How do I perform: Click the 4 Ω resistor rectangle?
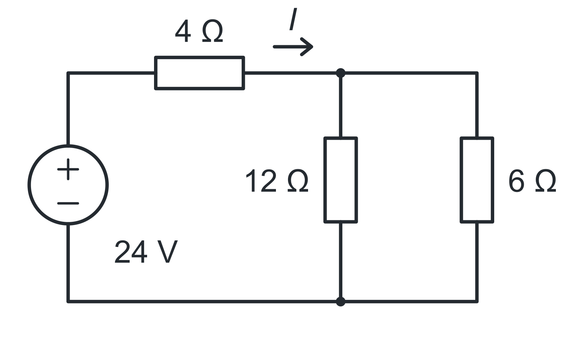coord(199,57)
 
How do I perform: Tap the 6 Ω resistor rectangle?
coord(461,180)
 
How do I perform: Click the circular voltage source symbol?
coord(29,185)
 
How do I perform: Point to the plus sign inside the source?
coord(68,169)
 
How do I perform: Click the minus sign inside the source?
coord(68,203)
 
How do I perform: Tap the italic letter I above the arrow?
coord(293,19)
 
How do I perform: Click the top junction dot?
coord(341,73)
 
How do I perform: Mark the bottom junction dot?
coord(341,302)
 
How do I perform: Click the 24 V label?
coord(146,252)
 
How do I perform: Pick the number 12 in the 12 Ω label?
coord(261,181)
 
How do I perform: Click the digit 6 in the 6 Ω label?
coord(516,181)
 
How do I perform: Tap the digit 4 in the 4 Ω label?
coord(183,31)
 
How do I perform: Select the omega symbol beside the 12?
coord(298,181)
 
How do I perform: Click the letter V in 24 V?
coord(168,252)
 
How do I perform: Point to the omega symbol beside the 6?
coord(546,181)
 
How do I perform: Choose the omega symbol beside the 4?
coord(212,31)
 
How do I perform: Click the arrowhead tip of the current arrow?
coord(313,47)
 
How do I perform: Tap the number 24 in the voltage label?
coord(131,252)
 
